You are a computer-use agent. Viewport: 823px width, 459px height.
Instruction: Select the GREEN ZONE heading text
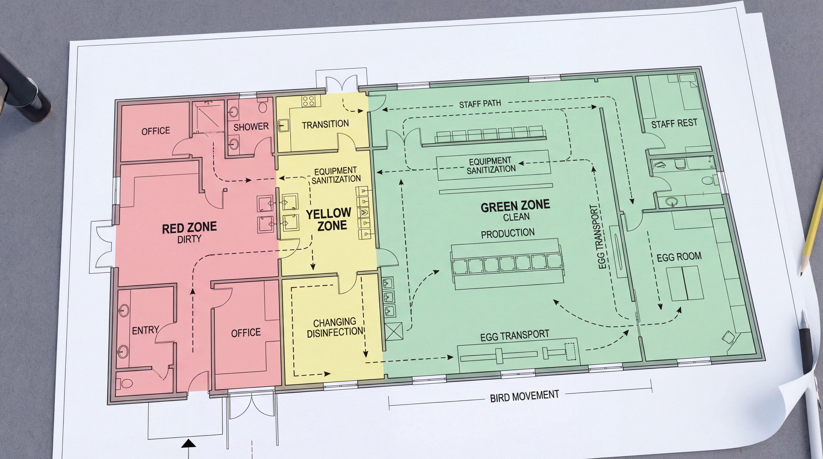tap(515, 206)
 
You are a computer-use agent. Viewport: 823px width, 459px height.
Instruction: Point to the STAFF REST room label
tap(674, 123)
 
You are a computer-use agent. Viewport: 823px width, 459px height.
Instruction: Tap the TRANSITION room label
tap(325, 124)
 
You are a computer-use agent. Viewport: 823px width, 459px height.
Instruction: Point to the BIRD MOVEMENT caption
tap(525, 396)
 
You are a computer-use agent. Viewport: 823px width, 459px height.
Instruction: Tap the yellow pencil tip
tap(802, 273)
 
